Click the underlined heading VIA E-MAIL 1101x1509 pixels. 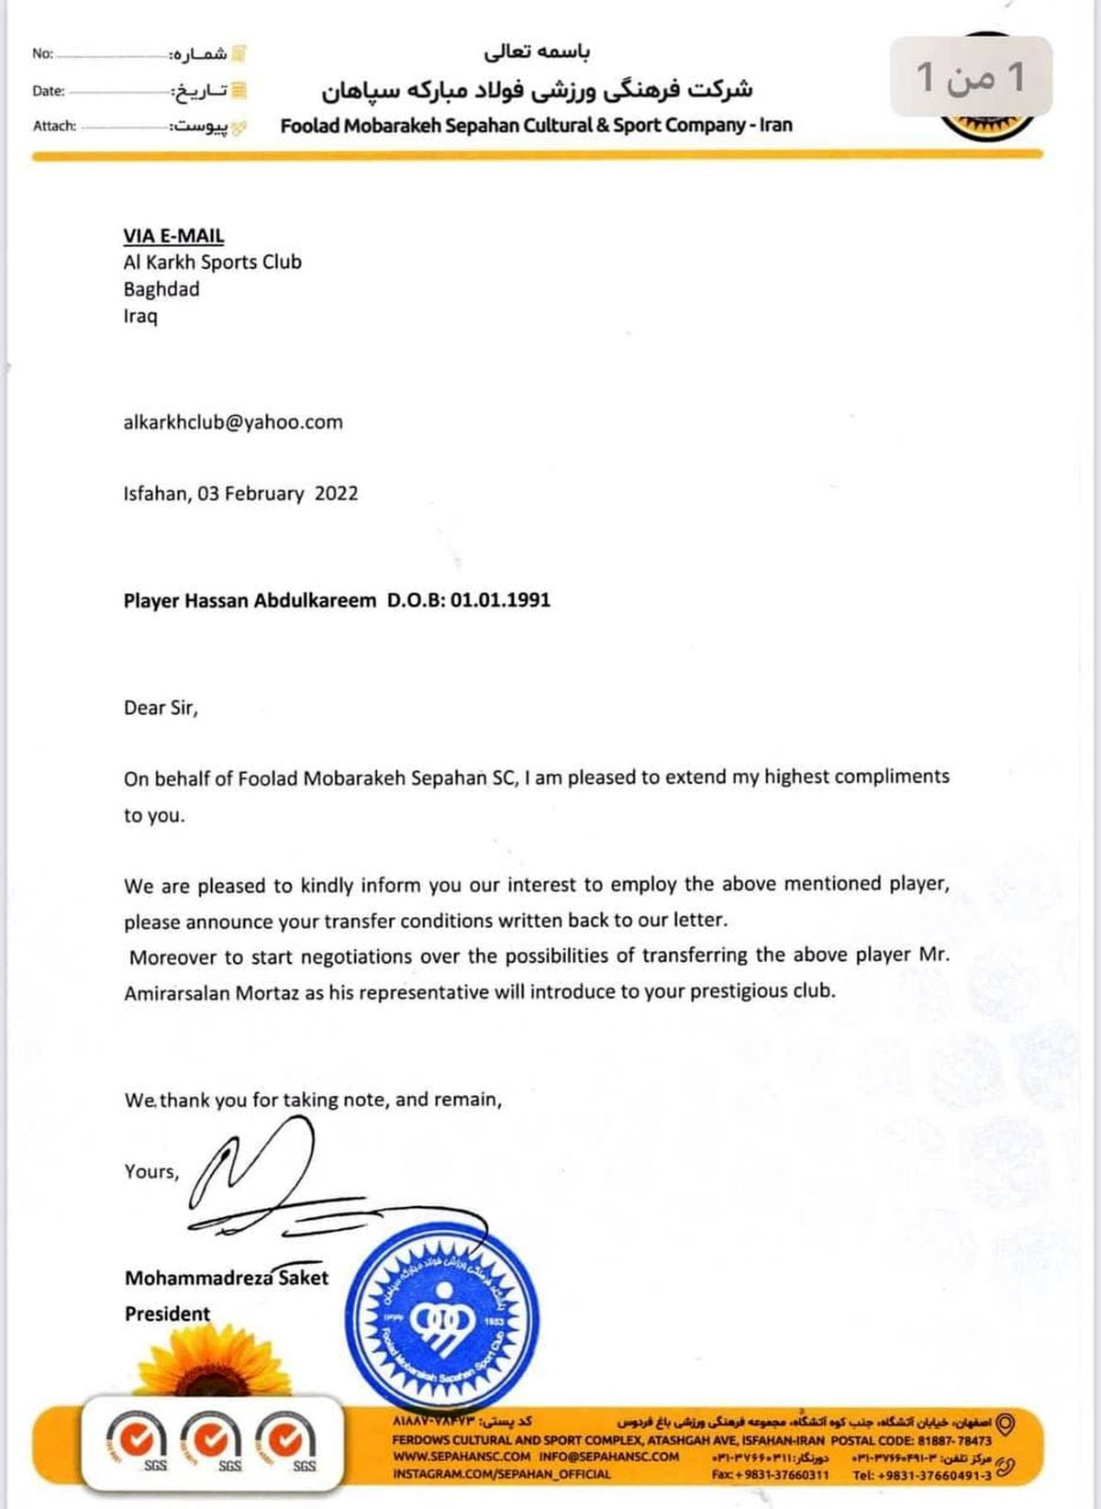pyautogui.click(x=173, y=236)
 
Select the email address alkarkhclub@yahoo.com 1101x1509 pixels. pyautogui.click(x=233, y=422)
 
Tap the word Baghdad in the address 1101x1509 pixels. pyautogui.click(x=161, y=289)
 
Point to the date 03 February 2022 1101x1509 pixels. pyautogui.click(x=277, y=494)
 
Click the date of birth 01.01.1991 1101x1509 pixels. pyautogui.click(x=500, y=600)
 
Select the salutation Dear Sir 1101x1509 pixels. pyautogui.click(x=161, y=708)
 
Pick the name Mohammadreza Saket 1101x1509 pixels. pyautogui.click(x=226, y=1278)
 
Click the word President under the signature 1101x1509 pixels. pyautogui.click(x=167, y=1313)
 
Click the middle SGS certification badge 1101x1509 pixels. pyautogui.click(x=215, y=1442)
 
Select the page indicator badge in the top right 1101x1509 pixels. pyautogui.click(x=971, y=77)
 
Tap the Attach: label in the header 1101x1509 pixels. pyautogui.click(x=54, y=127)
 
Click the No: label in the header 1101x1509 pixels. pyautogui.click(x=42, y=54)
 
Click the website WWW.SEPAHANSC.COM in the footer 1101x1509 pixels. pyautogui.click(x=462, y=1457)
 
